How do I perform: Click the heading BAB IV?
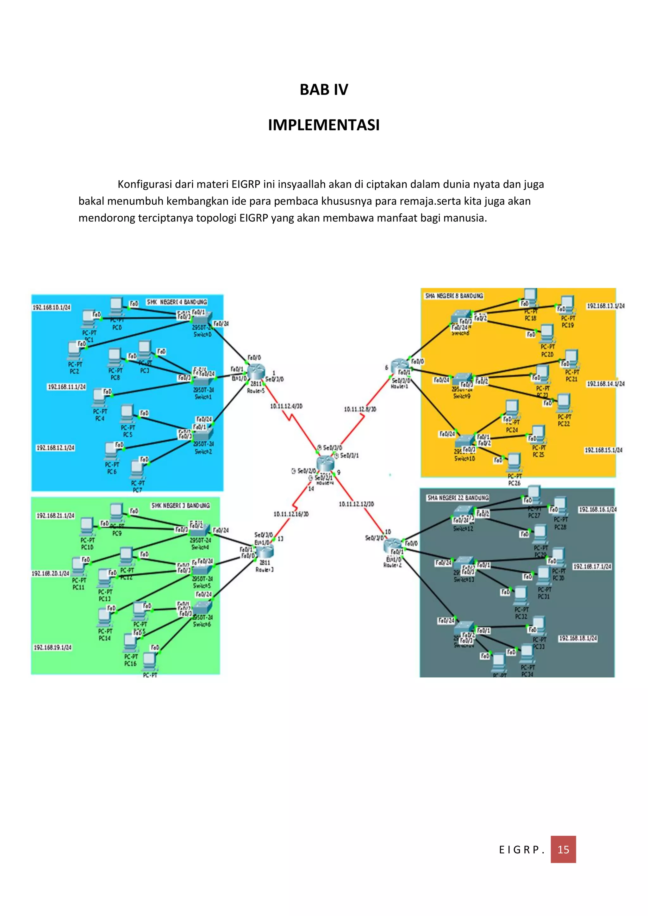click(x=324, y=90)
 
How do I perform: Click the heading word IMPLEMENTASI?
click(x=324, y=125)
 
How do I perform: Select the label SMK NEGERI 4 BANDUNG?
click(x=177, y=302)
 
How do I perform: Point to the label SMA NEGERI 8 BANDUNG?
click(x=454, y=296)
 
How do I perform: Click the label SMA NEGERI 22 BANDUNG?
click(x=458, y=498)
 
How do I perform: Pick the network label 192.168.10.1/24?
click(x=52, y=307)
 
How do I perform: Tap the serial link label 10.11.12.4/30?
click(x=286, y=406)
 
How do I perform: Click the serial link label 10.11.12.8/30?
click(x=360, y=409)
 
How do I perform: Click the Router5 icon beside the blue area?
click(x=256, y=373)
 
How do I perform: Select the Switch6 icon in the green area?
click(x=202, y=608)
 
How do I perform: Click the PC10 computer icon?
click(x=87, y=527)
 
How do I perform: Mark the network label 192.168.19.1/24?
click(x=53, y=647)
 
